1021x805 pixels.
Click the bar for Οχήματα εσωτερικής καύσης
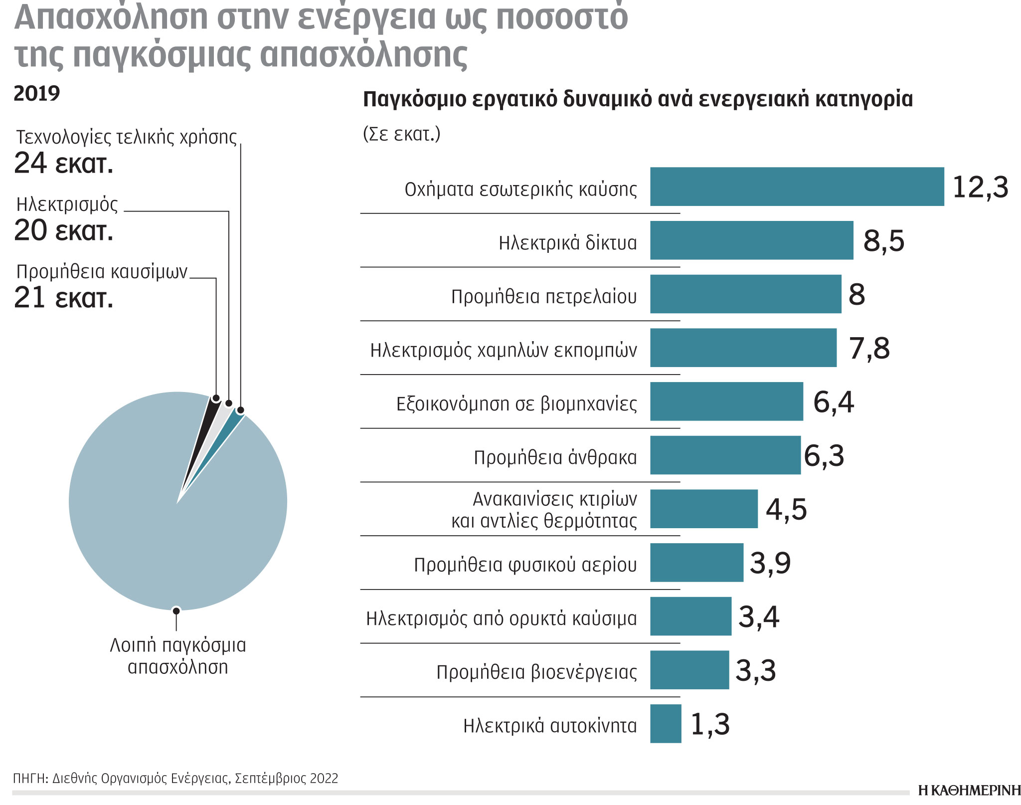click(x=797, y=187)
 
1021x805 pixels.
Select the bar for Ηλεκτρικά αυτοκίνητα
click(x=666, y=723)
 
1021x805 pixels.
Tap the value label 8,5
click(x=883, y=241)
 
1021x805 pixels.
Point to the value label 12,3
click(x=980, y=188)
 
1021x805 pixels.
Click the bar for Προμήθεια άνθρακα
click(x=725, y=455)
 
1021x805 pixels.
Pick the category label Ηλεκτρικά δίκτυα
click(x=567, y=243)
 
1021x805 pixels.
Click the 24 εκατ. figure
click(x=64, y=164)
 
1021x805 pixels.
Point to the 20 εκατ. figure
click(x=64, y=231)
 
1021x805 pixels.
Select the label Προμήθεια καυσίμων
click(x=102, y=272)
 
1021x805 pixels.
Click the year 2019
click(x=37, y=93)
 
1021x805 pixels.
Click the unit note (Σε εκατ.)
click(x=402, y=134)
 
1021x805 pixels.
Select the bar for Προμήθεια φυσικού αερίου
click(x=696, y=562)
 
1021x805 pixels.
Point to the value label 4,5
click(x=786, y=510)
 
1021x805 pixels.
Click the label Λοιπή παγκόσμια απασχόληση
click(x=178, y=656)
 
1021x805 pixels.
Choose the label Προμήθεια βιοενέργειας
click(x=536, y=672)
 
